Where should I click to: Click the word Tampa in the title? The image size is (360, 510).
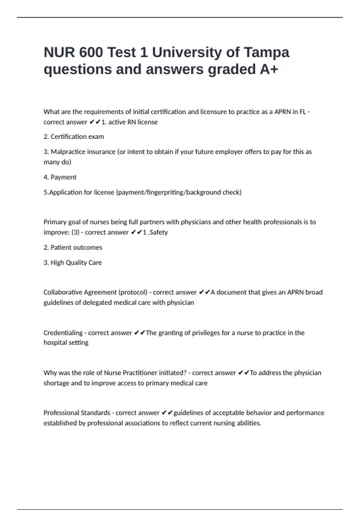tap(266, 52)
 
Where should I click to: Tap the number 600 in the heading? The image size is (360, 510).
tap(91, 52)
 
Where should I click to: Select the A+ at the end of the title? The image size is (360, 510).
tap(269, 69)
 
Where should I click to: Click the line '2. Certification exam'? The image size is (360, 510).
tap(74, 137)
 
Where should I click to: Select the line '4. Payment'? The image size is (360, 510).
tap(60, 177)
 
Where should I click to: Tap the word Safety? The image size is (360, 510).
tap(158, 232)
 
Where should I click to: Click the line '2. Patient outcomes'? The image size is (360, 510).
tap(73, 247)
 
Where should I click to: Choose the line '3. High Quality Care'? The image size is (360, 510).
tap(73, 263)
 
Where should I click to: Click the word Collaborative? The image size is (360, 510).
tap(63, 292)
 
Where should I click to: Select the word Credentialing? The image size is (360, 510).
tap(63, 333)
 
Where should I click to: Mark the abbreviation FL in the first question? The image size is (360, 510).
tap(302, 112)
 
